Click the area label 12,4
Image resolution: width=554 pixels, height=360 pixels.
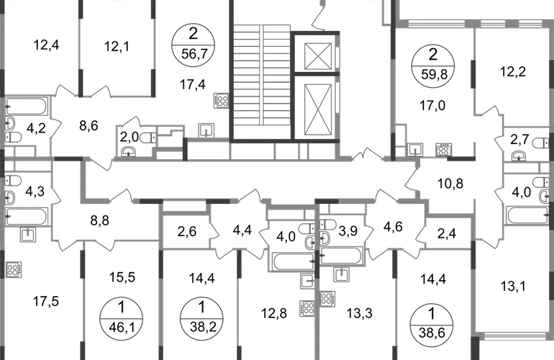point(46,45)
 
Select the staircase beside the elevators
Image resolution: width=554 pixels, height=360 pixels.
point(261,81)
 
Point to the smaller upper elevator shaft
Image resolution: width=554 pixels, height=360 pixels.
point(317,56)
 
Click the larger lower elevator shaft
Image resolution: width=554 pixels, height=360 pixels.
point(317,109)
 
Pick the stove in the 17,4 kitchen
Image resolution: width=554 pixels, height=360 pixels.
point(221,100)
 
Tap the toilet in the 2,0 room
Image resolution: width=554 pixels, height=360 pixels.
point(148,138)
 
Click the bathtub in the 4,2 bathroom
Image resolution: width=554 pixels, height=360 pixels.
point(26,107)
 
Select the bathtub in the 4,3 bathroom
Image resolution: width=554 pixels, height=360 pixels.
point(27,217)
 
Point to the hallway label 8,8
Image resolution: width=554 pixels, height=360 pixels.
point(100,220)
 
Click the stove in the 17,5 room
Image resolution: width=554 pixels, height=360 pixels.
point(14,269)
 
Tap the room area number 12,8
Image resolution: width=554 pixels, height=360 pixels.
point(274,313)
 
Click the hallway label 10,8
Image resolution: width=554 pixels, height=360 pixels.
point(450,184)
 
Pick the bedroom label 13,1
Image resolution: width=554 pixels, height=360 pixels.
point(513,286)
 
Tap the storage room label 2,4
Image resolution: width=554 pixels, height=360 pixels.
point(447,233)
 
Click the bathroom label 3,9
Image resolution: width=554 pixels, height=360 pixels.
point(348,230)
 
